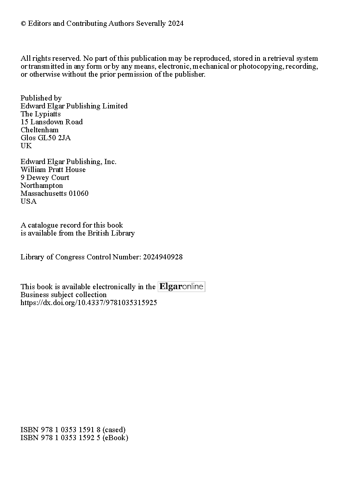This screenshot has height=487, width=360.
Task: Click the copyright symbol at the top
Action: click(23, 24)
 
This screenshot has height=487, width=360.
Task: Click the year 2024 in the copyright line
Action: click(176, 23)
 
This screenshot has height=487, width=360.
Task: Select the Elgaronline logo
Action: click(181, 286)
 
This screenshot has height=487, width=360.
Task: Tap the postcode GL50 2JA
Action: click(56, 138)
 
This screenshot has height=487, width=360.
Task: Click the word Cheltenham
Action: click(39, 130)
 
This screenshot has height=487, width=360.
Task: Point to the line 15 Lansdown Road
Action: click(52, 122)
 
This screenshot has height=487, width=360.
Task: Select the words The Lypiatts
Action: click(41, 114)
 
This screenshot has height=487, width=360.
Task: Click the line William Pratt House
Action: click(53, 170)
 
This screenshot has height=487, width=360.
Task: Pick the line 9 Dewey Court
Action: click(45, 178)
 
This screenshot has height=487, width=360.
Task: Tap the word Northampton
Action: click(42, 186)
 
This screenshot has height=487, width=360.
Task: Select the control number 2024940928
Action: click(163, 257)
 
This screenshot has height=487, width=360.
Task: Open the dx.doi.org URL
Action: click(89, 303)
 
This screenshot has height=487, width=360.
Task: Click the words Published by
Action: click(41, 98)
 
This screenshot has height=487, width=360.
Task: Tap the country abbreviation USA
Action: click(28, 201)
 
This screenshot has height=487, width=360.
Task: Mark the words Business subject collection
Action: click(64, 295)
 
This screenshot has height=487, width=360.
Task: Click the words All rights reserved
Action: click(50, 58)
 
